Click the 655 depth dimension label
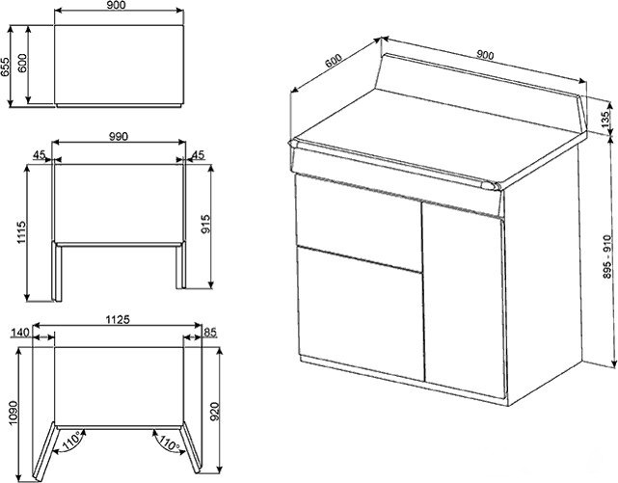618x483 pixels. pyautogui.click(x=5, y=67)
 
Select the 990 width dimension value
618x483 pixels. pyautogui.click(x=119, y=136)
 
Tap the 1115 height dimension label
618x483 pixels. pyautogui.click(x=21, y=232)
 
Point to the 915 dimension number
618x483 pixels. pyautogui.click(x=205, y=224)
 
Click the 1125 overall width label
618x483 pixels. pyautogui.click(x=118, y=319)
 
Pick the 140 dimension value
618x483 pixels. pyautogui.click(x=20, y=333)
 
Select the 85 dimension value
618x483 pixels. pyautogui.click(x=210, y=333)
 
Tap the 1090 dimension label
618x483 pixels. pyautogui.click(x=13, y=413)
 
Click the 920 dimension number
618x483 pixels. pyautogui.click(x=215, y=412)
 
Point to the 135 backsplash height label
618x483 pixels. pyautogui.click(x=605, y=120)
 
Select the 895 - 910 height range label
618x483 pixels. pyautogui.click(x=607, y=256)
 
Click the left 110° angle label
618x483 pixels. pyautogui.click(x=71, y=440)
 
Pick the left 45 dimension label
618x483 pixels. pyautogui.click(x=39, y=155)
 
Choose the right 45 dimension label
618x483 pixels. pyautogui.click(x=198, y=155)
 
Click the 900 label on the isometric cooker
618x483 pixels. pyautogui.click(x=485, y=55)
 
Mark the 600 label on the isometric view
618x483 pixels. pyautogui.click(x=334, y=61)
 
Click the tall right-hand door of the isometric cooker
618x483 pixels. pyautogui.click(x=464, y=300)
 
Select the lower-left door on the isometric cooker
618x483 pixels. pyautogui.click(x=361, y=313)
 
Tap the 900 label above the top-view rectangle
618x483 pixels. pyautogui.click(x=117, y=5)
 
